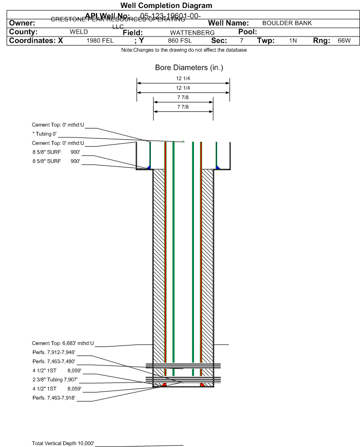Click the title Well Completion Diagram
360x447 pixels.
166,6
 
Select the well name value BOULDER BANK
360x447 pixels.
287,23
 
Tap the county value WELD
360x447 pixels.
79,32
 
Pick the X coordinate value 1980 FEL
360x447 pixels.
100,41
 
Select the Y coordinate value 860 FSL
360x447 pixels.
180,41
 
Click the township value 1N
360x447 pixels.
293,41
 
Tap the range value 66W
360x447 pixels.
344,41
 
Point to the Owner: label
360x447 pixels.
22,23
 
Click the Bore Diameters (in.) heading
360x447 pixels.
189,68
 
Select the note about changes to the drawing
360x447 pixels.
184,50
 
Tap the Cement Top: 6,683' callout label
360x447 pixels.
63,343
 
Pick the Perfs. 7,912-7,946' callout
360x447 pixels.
54,352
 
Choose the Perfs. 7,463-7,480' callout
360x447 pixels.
54,361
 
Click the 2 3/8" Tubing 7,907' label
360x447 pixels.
55,380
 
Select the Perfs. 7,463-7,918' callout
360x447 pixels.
54,398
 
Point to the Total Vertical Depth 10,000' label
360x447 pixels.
63,443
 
